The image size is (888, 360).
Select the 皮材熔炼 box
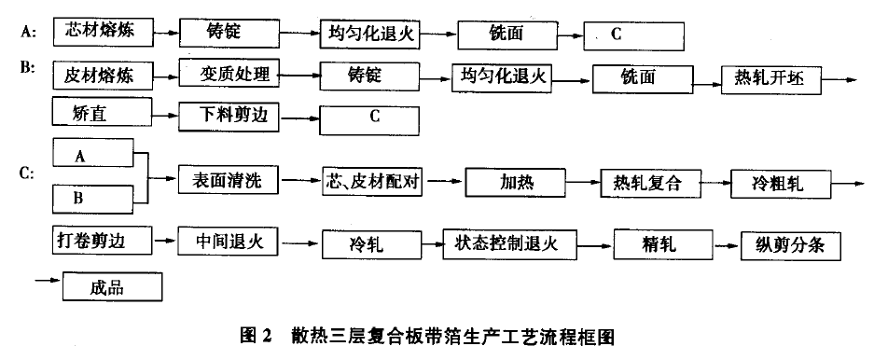point(101,75)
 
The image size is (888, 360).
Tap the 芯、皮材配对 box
point(373,181)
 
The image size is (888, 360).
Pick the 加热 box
point(516,182)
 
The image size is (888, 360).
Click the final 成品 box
point(113,286)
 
